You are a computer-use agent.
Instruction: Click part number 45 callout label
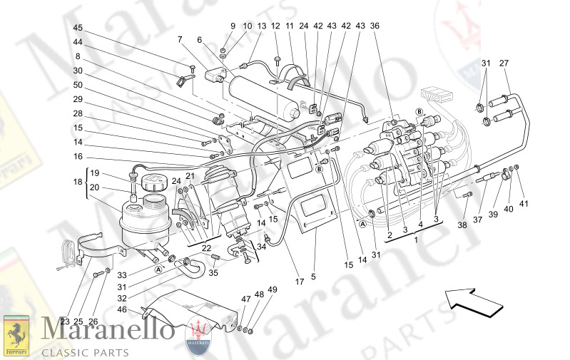(x=78, y=28)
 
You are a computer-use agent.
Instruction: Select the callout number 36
(x=375, y=26)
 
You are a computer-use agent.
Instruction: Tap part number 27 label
(x=504, y=63)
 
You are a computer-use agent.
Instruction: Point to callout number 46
(x=122, y=310)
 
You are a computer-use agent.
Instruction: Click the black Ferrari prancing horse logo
(x=16, y=334)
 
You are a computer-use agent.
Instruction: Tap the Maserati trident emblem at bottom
(x=200, y=334)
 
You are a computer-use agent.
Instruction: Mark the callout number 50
(x=78, y=85)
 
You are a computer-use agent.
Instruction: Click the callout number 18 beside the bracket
(x=78, y=182)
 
